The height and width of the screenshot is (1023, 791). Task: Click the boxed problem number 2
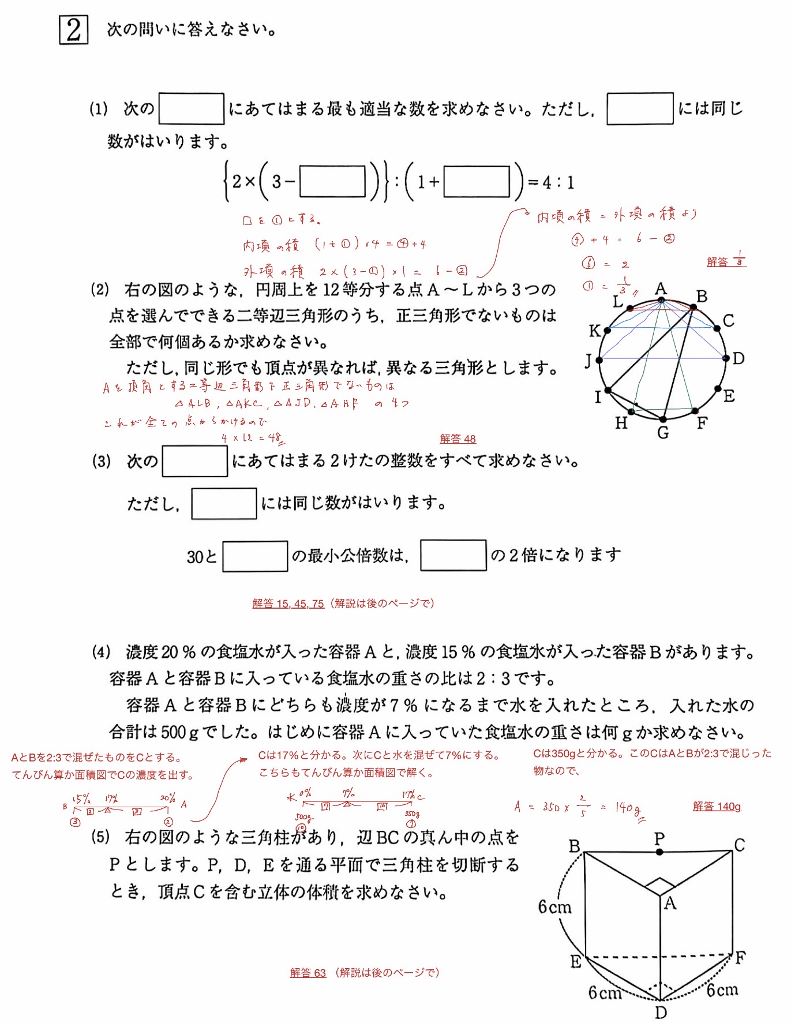pyautogui.click(x=73, y=30)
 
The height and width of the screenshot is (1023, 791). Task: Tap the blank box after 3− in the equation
pyautogui.click(x=332, y=182)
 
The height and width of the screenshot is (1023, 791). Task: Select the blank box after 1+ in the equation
pyautogui.click(x=477, y=182)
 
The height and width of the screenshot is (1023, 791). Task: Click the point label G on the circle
pyautogui.click(x=663, y=433)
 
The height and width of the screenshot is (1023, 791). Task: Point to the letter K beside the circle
pyautogui.click(x=594, y=331)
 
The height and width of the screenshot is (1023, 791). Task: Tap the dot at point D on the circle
pyautogui.click(x=725, y=358)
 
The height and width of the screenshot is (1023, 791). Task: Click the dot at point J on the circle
pyautogui.click(x=599, y=360)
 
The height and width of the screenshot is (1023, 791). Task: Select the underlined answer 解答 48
pyautogui.click(x=458, y=439)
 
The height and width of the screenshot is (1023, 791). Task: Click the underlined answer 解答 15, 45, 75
pyautogui.click(x=288, y=604)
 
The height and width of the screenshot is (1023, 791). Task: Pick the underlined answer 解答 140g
pyautogui.click(x=717, y=806)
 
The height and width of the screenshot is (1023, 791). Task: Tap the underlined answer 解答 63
pyautogui.click(x=308, y=973)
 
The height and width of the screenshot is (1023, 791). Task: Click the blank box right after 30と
pyautogui.click(x=255, y=556)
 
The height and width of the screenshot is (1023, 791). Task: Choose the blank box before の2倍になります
pyautogui.click(x=453, y=555)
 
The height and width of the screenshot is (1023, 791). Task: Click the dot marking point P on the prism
pyautogui.click(x=659, y=852)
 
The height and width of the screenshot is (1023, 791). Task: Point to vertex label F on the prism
pyautogui.click(x=740, y=958)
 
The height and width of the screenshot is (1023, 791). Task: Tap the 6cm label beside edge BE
pyautogui.click(x=554, y=907)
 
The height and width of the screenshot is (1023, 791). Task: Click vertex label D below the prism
pyautogui.click(x=661, y=1012)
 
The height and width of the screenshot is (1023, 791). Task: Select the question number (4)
pyautogui.click(x=101, y=653)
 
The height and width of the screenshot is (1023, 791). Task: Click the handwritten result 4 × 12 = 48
pyautogui.click(x=252, y=438)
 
